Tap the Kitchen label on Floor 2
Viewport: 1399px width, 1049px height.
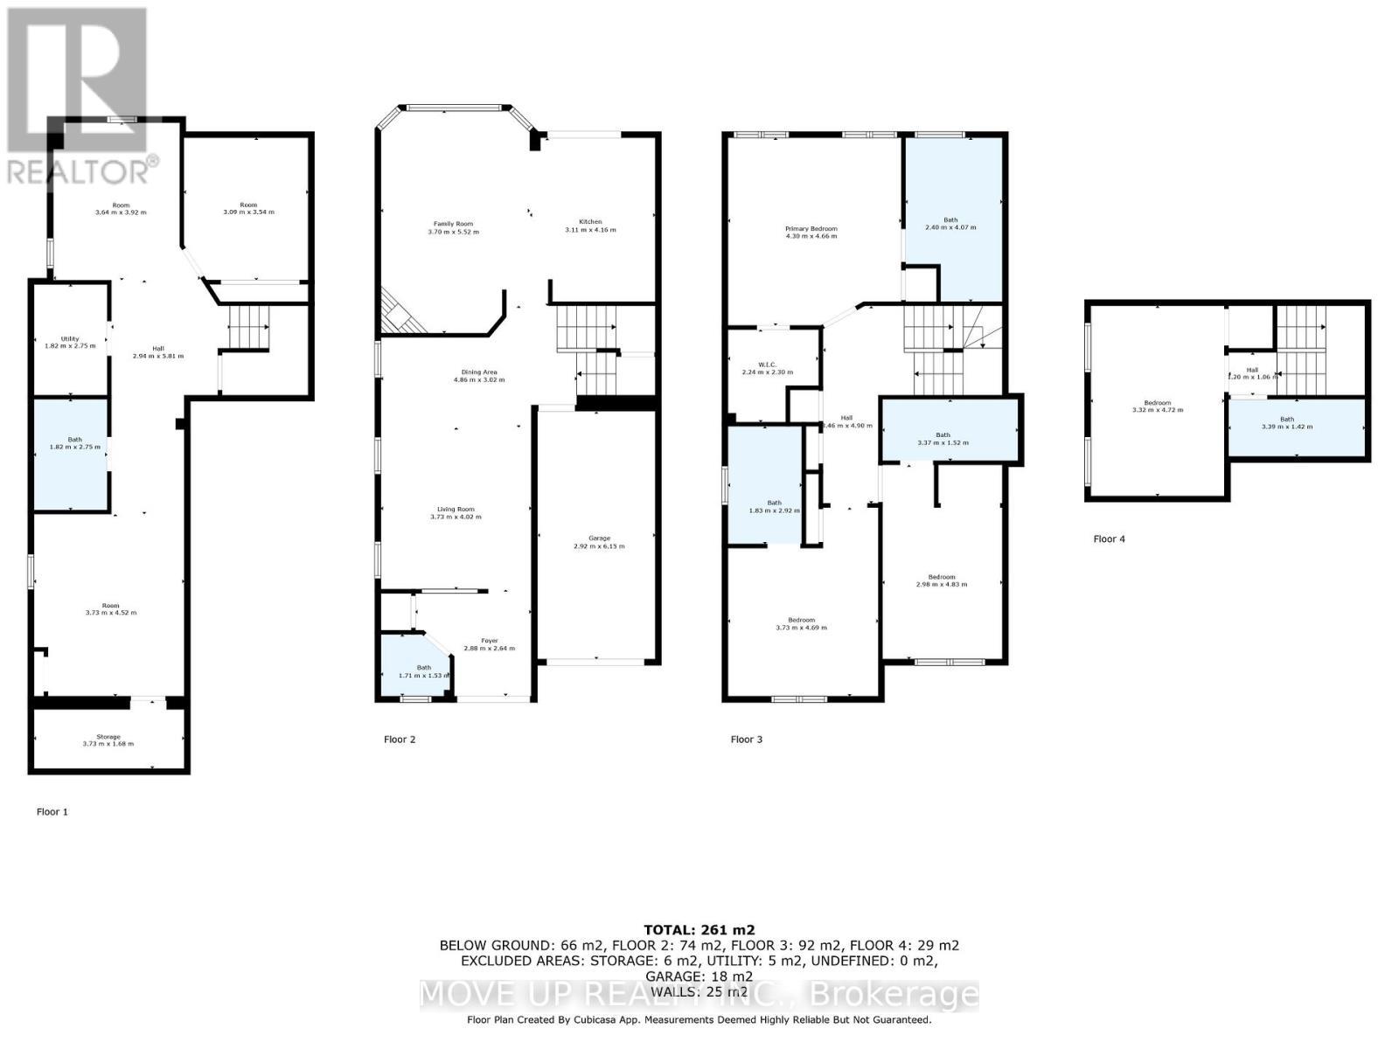[590, 222]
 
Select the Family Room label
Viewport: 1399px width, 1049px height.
[453, 225]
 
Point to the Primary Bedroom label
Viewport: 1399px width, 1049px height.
[811, 229]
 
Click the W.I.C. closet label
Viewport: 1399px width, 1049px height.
[761, 365]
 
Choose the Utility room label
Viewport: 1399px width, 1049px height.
[70, 339]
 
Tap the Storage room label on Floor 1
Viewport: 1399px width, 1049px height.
[108, 737]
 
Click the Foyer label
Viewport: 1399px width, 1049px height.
[488, 641]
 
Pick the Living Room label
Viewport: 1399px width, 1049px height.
[456, 510]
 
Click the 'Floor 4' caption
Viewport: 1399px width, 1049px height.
[1109, 539]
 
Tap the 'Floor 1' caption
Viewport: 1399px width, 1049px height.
[52, 812]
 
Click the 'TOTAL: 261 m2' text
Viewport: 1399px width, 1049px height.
[699, 930]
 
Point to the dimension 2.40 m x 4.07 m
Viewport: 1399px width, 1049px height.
[950, 227]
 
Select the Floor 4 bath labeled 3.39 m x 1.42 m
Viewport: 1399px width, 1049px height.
[1287, 423]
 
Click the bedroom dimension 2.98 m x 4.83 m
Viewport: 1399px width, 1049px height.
[941, 585]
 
